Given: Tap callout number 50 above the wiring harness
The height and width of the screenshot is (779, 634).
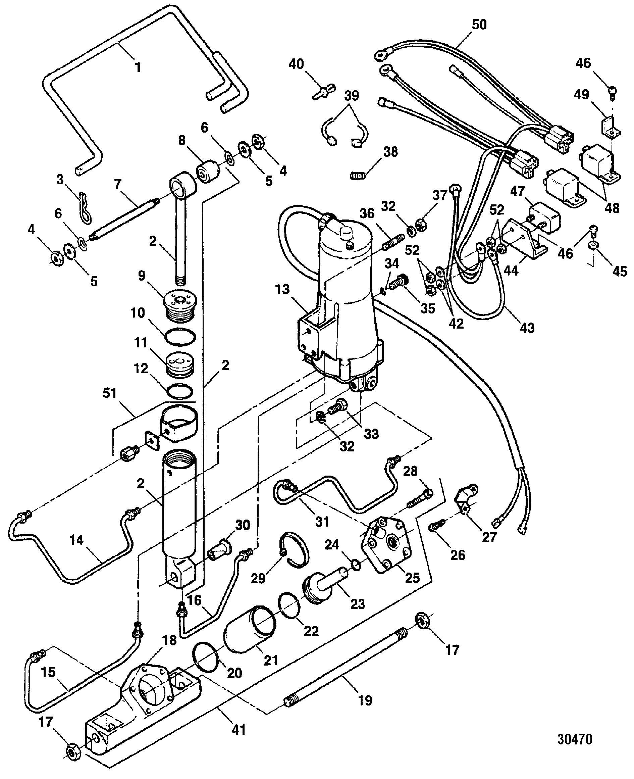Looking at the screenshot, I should (x=479, y=25).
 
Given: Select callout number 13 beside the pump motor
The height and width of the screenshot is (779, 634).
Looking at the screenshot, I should (x=282, y=289).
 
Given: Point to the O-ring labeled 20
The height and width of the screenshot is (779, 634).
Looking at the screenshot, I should (x=206, y=661).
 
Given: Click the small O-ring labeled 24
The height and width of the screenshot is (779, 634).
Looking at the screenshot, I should (x=356, y=566).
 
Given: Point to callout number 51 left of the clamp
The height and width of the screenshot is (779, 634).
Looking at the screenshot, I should (x=110, y=393).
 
